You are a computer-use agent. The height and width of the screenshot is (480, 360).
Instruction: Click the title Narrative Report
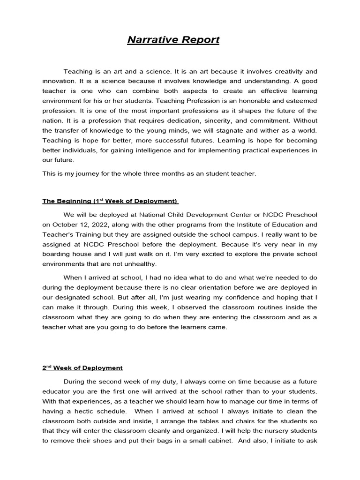click(x=173, y=40)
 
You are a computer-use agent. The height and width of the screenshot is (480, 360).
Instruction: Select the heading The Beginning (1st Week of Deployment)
click(x=111, y=201)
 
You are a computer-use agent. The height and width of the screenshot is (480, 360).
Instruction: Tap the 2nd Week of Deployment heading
click(x=82, y=368)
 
